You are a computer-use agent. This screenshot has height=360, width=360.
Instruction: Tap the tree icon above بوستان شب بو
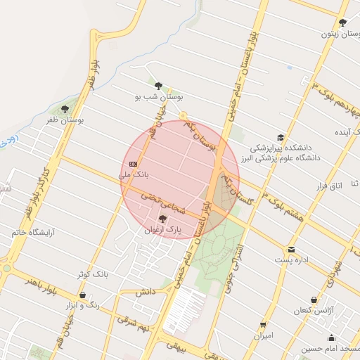(158, 84)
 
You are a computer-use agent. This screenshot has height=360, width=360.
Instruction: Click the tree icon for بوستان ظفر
(65, 109)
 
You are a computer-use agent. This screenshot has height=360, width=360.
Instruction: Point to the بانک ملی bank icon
(134, 163)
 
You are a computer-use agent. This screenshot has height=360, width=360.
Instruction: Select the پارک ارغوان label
(163, 230)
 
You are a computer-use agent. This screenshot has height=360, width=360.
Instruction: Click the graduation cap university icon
(281, 138)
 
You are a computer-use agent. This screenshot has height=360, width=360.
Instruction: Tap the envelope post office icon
(291, 250)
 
